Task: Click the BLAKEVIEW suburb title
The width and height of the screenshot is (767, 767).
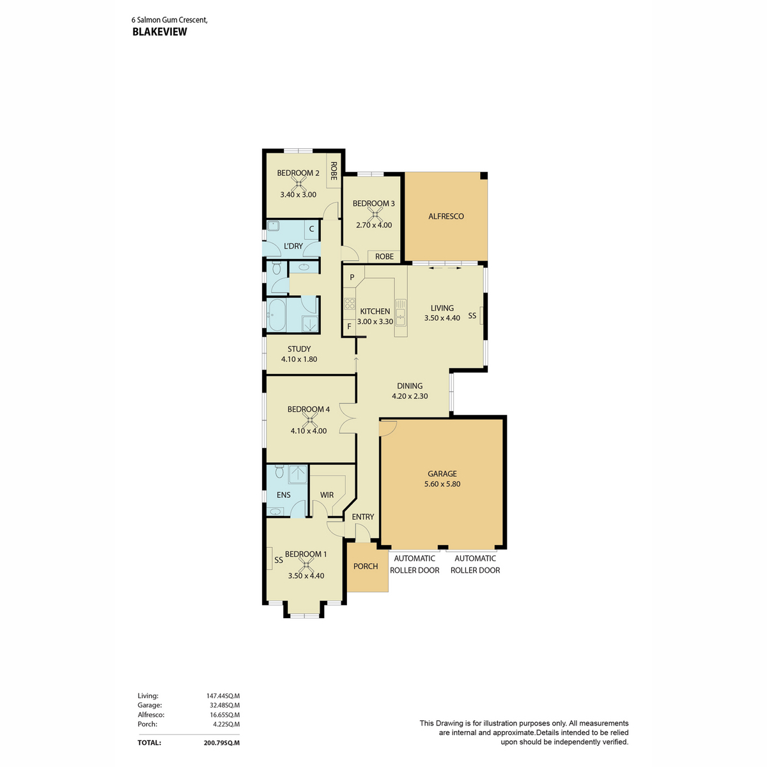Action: (x=159, y=32)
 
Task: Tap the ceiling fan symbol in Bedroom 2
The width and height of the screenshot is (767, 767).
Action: (x=298, y=183)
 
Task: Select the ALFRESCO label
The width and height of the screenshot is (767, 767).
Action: (x=445, y=216)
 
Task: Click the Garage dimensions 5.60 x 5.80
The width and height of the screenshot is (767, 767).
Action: (x=442, y=484)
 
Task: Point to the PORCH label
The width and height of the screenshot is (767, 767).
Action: (x=366, y=566)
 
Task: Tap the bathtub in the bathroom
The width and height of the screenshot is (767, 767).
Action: (x=276, y=315)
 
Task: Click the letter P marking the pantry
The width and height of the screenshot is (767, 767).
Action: (x=352, y=277)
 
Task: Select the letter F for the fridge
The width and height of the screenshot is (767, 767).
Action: (x=349, y=327)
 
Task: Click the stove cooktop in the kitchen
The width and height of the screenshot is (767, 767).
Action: (x=350, y=304)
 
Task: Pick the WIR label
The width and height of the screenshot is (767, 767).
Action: (x=327, y=495)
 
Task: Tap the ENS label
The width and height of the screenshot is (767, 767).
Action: (x=283, y=495)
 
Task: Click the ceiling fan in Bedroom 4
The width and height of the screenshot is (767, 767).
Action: (x=309, y=420)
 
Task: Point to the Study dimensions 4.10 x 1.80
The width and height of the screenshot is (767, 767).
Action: (x=299, y=359)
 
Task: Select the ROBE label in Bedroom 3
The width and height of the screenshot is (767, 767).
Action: (x=384, y=257)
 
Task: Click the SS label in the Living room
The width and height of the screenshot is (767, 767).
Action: (x=472, y=316)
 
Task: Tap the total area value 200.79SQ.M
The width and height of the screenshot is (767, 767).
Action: (x=221, y=743)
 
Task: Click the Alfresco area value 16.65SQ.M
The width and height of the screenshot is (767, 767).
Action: (x=224, y=715)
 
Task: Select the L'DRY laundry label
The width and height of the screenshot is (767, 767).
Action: (x=293, y=246)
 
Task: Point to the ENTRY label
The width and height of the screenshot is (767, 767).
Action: (x=362, y=516)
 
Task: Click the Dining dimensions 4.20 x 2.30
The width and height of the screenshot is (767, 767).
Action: (x=410, y=396)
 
